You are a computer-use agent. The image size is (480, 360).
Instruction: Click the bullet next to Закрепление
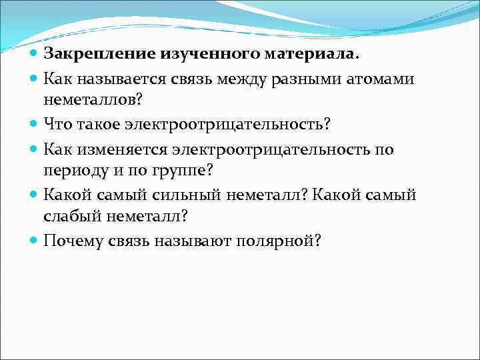click(x=34, y=53)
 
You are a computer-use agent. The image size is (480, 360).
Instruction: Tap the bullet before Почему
click(x=34, y=240)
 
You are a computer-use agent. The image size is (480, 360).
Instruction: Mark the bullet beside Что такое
click(x=34, y=124)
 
